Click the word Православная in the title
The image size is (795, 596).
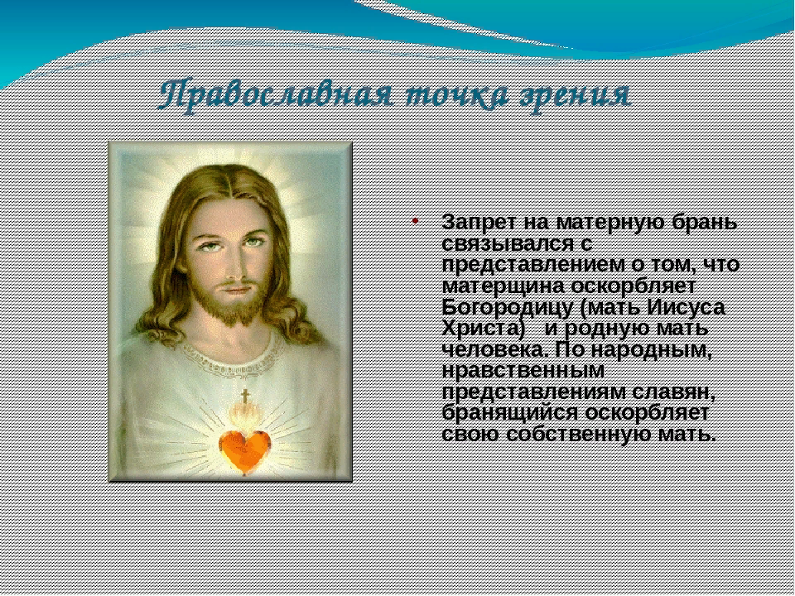tap(275, 94)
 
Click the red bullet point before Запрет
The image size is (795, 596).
tap(415, 221)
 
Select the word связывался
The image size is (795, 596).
tap(510, 243)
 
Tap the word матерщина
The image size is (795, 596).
tap(503, 286)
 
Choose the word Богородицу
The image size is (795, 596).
tap(509, 308)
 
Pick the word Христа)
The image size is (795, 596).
tap(483, 329)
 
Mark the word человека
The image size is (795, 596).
tap(496, 350)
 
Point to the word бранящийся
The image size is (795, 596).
tap(510, 413)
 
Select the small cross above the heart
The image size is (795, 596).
tap(245, 396)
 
